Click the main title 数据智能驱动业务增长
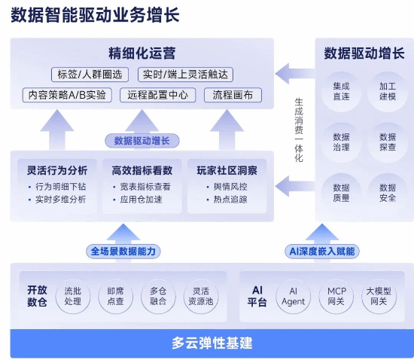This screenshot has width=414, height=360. (96, 16)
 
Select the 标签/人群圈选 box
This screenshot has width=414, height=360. (90, 74)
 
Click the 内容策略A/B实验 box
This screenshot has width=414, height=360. (67, 95)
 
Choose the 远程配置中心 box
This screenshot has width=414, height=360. (157, 95)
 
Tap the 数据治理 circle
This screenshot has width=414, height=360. (341, 142)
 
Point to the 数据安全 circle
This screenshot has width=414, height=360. (388, 193)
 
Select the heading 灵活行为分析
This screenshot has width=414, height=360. (57, 169)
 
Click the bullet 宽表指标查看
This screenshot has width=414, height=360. (143, 186)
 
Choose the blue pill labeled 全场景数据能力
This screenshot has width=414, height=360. (125, 251)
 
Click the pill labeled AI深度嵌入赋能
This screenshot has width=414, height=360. (321, 251)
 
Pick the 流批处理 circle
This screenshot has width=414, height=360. (73, 296)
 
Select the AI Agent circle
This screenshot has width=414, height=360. (293, 296)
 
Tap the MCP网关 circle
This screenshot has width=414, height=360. (336, 296)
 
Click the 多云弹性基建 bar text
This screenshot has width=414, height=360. (212, 343)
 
